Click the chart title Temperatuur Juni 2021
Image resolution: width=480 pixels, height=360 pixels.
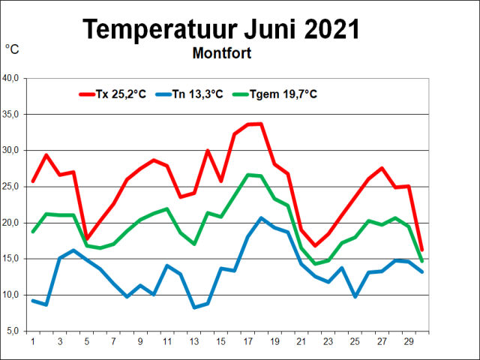coord(220,29)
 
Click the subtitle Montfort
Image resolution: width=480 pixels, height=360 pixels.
coord(221,53)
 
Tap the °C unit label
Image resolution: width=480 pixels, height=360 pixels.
coord(13,49)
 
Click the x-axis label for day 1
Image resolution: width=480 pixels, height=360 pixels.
coord(33,341)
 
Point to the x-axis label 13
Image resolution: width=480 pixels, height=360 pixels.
coord(194,341)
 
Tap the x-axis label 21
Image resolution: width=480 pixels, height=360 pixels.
coord(301,341)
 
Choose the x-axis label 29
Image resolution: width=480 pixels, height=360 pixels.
coord(409,341)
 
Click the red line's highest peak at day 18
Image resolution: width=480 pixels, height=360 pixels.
coord(261,124)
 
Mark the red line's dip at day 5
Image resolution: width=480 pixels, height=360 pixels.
coord(86,238)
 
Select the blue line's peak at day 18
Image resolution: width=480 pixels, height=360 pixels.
coord(261,218)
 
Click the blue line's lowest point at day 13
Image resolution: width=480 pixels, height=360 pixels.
coord(194,307)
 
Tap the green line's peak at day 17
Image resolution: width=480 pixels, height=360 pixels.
coord(247,175)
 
